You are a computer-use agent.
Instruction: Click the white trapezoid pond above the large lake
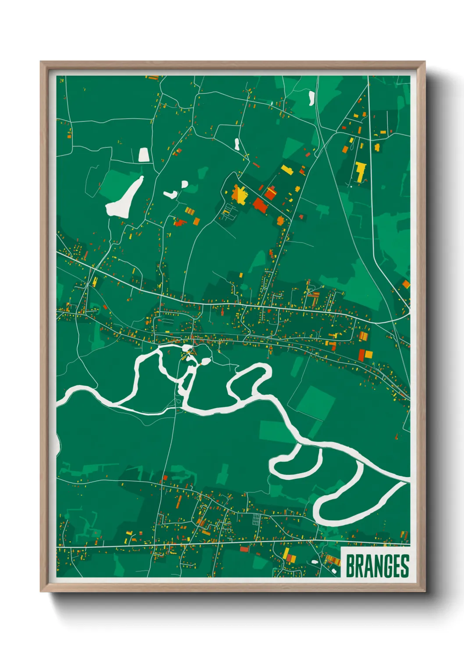tap(143, 155)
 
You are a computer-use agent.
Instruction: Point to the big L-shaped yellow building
tap(360, 171)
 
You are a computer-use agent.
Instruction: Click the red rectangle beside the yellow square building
tap(361, 355)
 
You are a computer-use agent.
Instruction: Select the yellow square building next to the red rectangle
tap(369, 354)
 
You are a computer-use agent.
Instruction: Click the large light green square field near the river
tap(315, 402)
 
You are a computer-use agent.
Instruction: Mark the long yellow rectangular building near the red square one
tap(287, 169)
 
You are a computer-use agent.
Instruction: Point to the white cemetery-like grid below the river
tap(256, 520)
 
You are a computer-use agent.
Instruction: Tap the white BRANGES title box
tap(375, 561)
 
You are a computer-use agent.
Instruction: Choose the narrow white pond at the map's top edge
tap(311, 98)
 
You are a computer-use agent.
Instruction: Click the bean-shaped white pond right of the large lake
tap(170, 194)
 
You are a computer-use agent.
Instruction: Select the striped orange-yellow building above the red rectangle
tap(364, 336)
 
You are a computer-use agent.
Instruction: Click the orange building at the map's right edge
tap(406, 284)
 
